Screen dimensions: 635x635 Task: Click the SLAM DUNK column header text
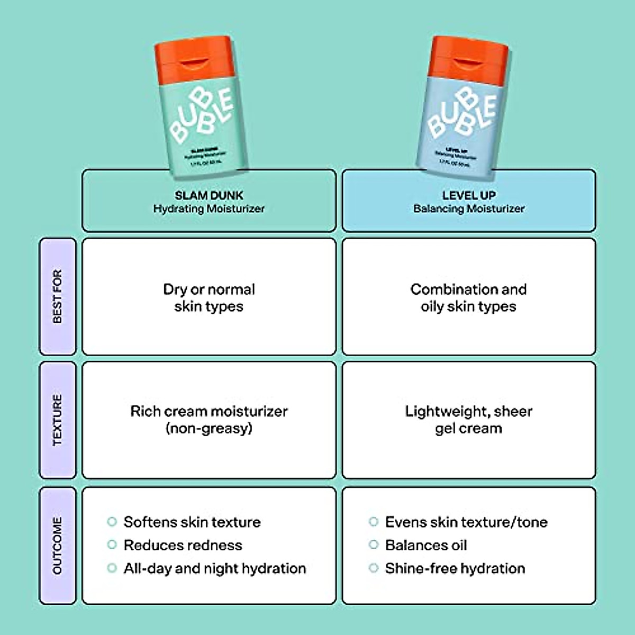point(209,195)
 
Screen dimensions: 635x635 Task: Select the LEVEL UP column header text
point(469,195)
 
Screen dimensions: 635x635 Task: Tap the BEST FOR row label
point(58,296)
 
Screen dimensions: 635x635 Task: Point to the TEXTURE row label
point(58,420)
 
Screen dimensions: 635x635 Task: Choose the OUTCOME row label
point(58,546)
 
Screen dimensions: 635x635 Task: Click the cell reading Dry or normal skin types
point(209,297)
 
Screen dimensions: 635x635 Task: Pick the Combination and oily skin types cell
point(469,297)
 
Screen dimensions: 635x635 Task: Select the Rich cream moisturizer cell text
point(209,419)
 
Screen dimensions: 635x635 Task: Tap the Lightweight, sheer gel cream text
point(469,419)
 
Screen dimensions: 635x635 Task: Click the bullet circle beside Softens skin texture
point(112,522)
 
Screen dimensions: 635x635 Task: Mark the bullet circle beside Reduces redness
point(112,545)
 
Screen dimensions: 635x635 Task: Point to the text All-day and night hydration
point(215,568)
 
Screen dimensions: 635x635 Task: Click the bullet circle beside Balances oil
point(374,545)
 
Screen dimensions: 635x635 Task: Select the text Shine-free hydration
point(455,568)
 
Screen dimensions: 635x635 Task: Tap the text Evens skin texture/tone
point(466,522)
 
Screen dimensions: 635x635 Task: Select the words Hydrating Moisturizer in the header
point(209,209)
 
